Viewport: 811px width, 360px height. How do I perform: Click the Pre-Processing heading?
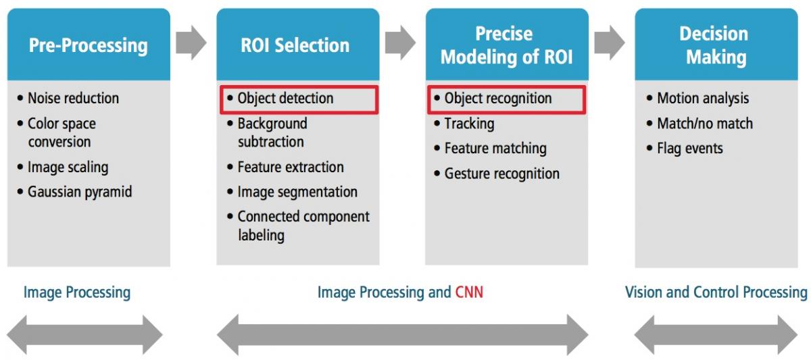click(x=89, y=46)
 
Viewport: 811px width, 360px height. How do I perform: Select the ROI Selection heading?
click(x=295, y=45)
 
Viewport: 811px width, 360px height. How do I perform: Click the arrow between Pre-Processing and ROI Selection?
click(x=191, y=43)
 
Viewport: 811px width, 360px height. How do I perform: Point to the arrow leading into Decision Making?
click(x=610, y=43)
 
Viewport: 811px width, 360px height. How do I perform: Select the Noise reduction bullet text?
click(x=73, y=98)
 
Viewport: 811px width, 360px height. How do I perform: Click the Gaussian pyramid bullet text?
click(x=80, y=192)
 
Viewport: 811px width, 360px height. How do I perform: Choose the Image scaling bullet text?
click(x=68, y=168)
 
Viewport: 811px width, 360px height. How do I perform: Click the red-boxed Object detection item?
click(x=299, y=99)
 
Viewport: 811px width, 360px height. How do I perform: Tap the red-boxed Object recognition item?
click(x=506, y=99)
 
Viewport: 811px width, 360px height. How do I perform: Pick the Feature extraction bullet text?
click(x=291, y=167)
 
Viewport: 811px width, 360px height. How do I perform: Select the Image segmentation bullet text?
click(x=297, y=192)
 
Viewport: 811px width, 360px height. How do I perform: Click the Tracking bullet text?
click(x=469, y=124)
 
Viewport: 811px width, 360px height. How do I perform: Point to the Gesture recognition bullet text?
click(x=501, y=174)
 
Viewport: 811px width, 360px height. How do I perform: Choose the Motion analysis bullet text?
click(x=703, y=99)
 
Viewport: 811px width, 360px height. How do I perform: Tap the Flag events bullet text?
click(x=690, y=149)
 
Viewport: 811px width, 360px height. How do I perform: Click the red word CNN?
click(x=469, y=292)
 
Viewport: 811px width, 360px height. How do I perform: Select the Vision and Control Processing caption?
click(x=716, y=292)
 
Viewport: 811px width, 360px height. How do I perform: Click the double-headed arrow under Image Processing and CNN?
click(x=402, y=335)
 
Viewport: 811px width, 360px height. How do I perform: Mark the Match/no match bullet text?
click(x=704, y=124)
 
